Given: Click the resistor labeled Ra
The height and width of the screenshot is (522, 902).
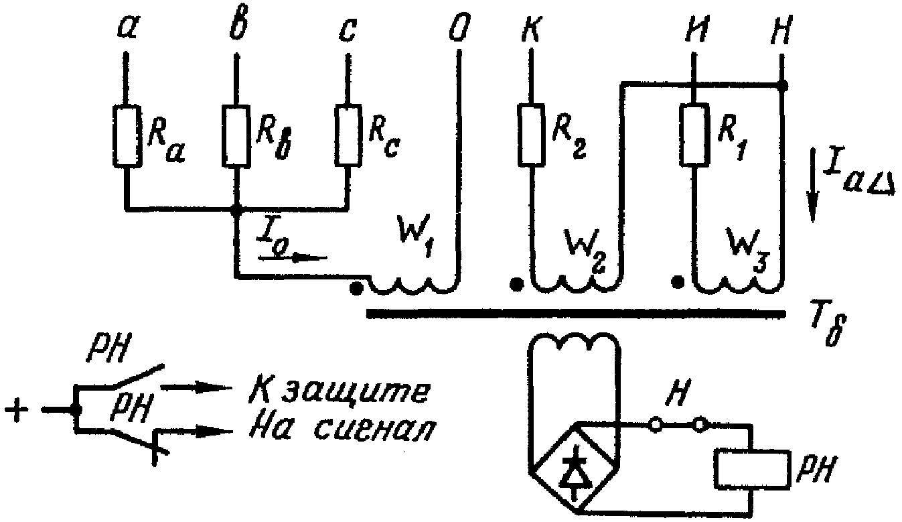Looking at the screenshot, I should pyautogui.click(x=126, y=137).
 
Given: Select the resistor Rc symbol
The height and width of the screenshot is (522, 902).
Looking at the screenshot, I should pyautogui.click(x=347, y=137).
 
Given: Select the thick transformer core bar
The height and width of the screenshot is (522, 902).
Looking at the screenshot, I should pyautogui.click(x=576, y=314).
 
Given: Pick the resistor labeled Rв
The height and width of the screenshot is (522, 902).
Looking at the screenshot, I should pyautogui.click(x=236, y=137).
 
